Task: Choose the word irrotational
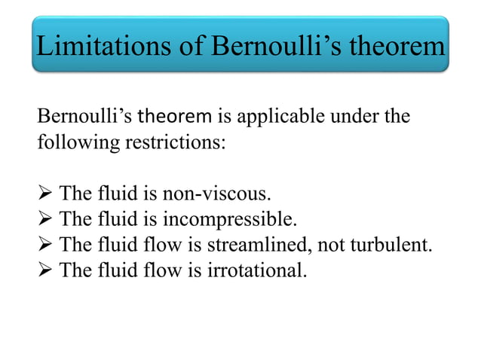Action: [x=257, y=269]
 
